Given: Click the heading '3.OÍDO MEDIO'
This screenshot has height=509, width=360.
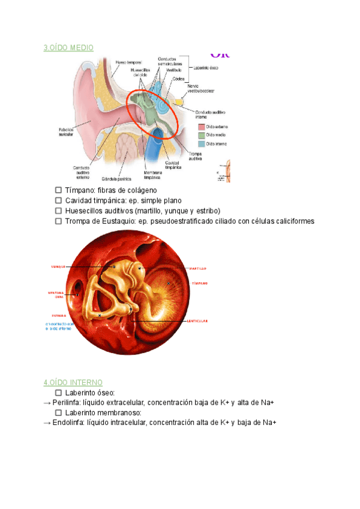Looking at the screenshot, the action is click(x=68, y=47).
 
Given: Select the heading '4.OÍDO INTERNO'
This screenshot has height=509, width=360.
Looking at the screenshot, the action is click(x=73, y=382).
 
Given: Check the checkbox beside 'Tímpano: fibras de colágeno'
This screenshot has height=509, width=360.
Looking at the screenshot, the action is click(x=58, y=190).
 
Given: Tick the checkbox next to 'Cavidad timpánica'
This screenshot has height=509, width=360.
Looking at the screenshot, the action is click(x=58, y=200).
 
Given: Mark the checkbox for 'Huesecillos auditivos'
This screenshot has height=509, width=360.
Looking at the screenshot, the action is click(x=58, y=211).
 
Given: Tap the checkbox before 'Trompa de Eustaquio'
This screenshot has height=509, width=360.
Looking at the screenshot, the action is click(x=58, y=221).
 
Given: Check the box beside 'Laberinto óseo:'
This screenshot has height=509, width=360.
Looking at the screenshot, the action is click(x=58, y=393).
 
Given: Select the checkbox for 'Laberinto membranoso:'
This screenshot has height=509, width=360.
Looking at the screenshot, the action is click(x=58, y=413).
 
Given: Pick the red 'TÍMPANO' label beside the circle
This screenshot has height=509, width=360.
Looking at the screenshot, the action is click(x=199, y=283).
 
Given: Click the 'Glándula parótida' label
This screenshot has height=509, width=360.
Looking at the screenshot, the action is click(x=116, y=179).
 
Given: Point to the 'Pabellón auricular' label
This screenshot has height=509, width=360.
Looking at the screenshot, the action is click(x=66, y=132).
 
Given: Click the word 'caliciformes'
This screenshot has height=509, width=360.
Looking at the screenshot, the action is click(x=292, y=221).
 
